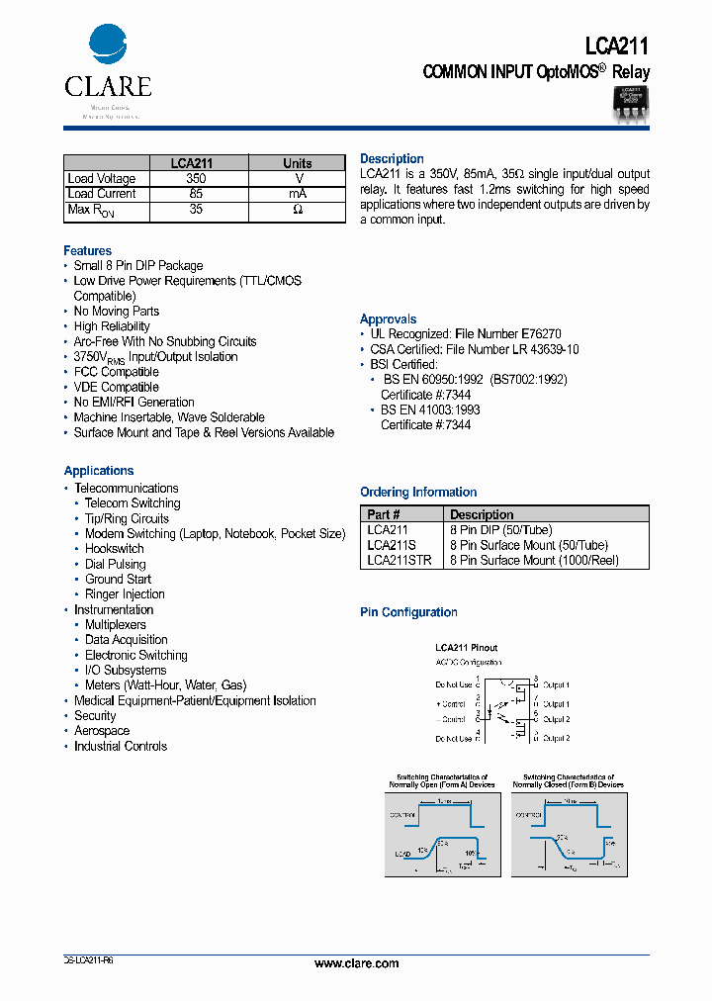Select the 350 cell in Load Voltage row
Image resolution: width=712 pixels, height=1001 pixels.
point(196,179)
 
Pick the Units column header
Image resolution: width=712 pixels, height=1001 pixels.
point(297,163)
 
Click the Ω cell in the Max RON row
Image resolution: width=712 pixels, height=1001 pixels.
point(297,210)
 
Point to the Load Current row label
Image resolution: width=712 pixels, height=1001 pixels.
point(102,194)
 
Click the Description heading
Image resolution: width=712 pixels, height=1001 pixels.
point(392,159)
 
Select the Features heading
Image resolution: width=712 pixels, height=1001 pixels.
point(88,251)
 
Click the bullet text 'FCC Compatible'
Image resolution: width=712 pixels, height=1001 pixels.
point(116,372)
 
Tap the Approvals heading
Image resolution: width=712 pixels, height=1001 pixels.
point(389,319)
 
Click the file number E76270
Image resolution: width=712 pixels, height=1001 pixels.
point(541,334)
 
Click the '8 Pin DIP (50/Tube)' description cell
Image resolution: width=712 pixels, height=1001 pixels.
point(500,530)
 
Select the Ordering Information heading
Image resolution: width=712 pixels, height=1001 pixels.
point(418,493)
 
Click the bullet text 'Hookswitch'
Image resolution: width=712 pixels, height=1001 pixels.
point(114,549)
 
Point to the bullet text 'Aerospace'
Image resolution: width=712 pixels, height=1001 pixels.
point(102,731)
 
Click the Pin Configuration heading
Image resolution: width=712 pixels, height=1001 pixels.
point(408,613)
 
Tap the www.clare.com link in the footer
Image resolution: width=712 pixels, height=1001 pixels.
point(356,963)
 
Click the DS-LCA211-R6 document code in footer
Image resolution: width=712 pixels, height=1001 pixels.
point(88,960)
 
